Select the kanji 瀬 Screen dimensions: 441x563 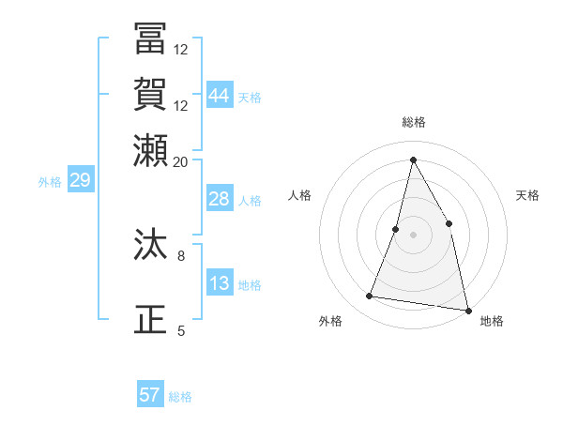click(151, 150)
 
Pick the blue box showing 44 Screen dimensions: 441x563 click(220, 96)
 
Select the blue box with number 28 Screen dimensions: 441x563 click(220, 200)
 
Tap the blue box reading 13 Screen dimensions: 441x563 click(220, 284)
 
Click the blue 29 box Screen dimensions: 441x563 click(80, 180)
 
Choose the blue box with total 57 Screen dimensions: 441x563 click(150, 395)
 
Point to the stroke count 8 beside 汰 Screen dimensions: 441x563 click(181, 254)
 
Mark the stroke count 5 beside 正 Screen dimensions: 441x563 click(181, 330)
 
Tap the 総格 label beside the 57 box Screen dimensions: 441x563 click(180, 397)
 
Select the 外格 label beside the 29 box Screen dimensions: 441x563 click(50, 182)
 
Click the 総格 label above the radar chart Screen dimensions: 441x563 click(413, 123)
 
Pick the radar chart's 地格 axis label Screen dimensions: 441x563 click(492, 322)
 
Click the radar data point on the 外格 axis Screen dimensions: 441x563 click(370, 297)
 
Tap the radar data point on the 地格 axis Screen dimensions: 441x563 click(467, 310)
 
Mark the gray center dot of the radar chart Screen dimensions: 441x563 click(413, 234)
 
